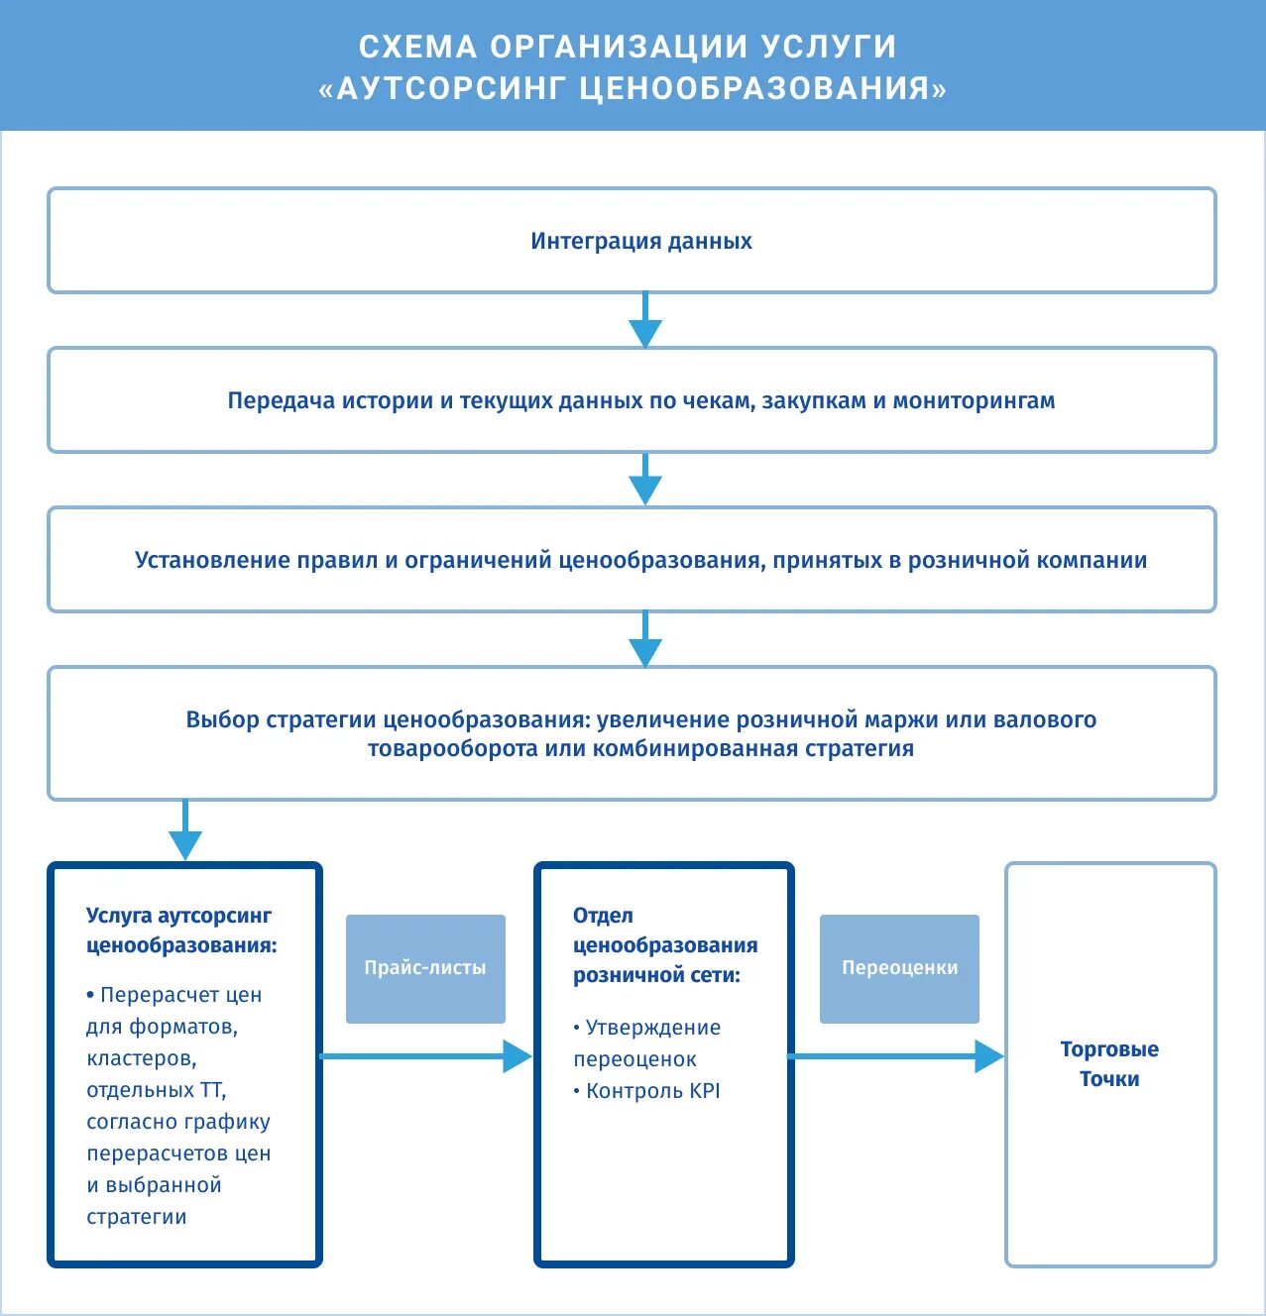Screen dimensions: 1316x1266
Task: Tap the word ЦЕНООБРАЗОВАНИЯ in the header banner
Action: coord(754,89)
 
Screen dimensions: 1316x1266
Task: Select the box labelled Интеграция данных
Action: coord(632,241)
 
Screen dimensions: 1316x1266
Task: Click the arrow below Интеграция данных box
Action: coord(645,322)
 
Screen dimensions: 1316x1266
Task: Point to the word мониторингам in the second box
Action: coord(974,401)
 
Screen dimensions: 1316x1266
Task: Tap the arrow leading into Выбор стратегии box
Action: coord(645,640)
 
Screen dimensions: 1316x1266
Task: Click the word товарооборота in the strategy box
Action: coord(452,749)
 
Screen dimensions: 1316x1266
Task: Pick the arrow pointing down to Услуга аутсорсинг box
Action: coord(185,833)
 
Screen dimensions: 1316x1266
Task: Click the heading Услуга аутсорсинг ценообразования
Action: coord(180,931)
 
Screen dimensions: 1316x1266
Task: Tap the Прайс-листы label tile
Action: coord(425,968)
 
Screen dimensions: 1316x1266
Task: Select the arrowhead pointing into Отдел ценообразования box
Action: coord(517,1056)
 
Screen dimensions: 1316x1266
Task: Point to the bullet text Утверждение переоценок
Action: coord(646,1043)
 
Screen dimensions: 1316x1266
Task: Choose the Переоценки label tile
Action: coord(899,968)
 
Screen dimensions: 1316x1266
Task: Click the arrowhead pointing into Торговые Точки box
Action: coord(988,1056)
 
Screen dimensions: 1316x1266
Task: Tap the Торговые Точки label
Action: coord(1109,1064)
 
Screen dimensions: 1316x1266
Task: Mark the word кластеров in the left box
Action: coord(141,1058)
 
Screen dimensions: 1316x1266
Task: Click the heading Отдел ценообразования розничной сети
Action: coord(664,945)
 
